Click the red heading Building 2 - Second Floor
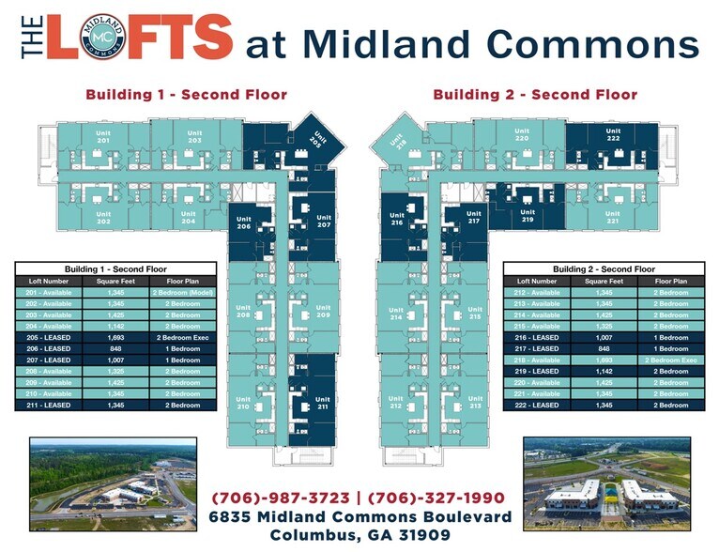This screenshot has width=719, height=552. (x=535, y=94)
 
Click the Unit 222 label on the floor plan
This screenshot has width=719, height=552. (x=613, y=135)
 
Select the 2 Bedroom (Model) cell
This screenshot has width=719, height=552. (x=185, y=293)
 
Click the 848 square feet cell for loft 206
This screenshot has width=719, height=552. (x=116, y=347)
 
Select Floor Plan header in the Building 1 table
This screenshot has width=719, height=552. (x=185, y=281)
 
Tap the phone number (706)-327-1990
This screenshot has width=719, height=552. (x=438, y=497)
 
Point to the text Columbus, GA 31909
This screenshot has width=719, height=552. (x=360, y=535)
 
